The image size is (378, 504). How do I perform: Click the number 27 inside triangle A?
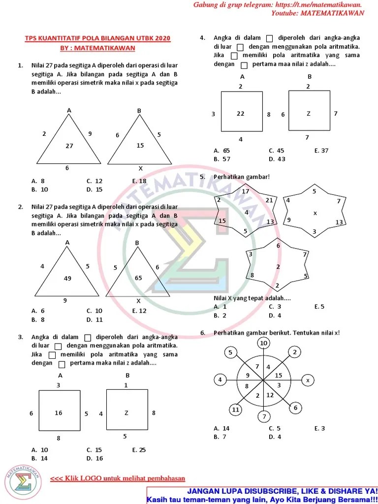pos(69,146)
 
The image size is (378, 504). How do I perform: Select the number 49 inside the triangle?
pos(67,279)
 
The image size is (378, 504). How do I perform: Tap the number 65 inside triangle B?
pos(138,278)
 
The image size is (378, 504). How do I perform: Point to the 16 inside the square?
pos(59,413)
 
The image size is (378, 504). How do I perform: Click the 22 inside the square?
pos(240,114)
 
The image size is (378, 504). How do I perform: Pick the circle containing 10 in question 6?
pos(264,343)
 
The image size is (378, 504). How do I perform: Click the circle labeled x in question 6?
pos(308,380)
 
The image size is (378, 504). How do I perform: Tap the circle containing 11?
pos(236,409)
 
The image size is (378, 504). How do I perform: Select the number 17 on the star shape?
pos(246,191)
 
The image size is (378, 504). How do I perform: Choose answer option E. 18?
pos(139,181)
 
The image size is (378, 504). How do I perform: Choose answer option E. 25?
pos(139,450)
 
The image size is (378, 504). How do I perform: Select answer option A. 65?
pos(222,151)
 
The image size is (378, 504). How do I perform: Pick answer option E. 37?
pos(321,151)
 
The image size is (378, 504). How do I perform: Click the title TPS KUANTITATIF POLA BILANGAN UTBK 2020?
pos(98,38)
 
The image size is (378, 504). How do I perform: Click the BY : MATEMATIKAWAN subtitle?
pos(97,48)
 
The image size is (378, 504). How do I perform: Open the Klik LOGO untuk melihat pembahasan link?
pos(118,478)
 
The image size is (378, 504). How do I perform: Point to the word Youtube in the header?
pos(285,13)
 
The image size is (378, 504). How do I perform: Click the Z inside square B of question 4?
pos(309,114)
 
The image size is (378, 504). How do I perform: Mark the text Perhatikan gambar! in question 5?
pos(242,177)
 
